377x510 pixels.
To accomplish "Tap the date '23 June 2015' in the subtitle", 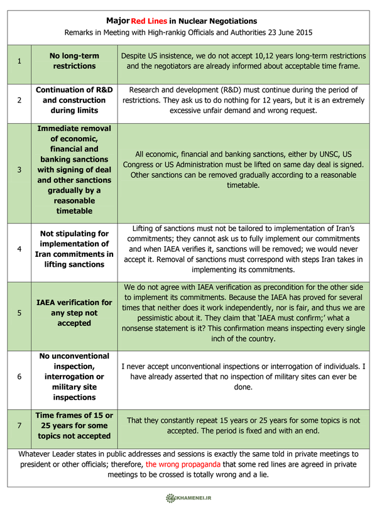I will [289, 32].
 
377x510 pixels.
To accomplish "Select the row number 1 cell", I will [19, 61].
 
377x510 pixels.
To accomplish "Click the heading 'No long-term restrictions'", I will [74, 61].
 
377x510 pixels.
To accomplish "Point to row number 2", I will [19, 100].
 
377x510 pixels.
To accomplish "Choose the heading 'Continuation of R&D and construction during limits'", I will [74, 100].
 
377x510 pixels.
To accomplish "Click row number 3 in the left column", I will [19, 170].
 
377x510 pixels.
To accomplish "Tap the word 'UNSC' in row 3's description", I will [312, 153].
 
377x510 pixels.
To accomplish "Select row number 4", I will [19, 249].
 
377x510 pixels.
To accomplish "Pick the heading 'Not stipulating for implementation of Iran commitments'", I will [74, 249].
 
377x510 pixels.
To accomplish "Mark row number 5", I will [19, 313].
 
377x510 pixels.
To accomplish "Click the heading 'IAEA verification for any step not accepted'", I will [74, 313].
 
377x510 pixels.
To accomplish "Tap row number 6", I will [19, 377].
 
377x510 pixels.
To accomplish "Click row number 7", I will [19, 426].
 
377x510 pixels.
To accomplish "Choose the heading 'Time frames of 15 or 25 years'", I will [74, 426].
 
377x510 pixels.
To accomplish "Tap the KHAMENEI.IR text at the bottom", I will [196, 497].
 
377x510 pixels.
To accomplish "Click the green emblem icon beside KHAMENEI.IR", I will [170, 497].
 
